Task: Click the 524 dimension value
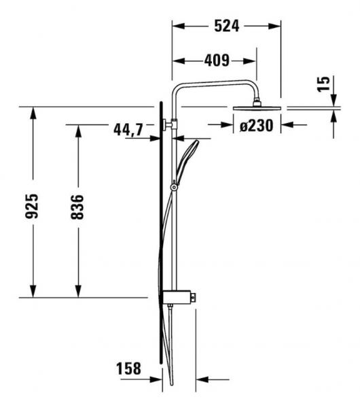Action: (226, 27)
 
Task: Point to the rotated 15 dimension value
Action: (325, 84)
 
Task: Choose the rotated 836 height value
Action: (78, 207)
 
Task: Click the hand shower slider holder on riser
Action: (175, 185)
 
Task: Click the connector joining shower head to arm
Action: (257, 102)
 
